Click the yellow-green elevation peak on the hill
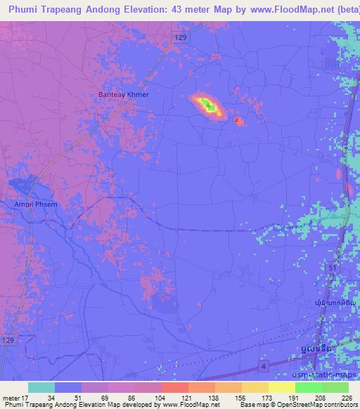click(207, 106)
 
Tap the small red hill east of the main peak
click(238, 122)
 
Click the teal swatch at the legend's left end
click(41, 387)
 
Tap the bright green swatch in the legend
click(309, 387)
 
